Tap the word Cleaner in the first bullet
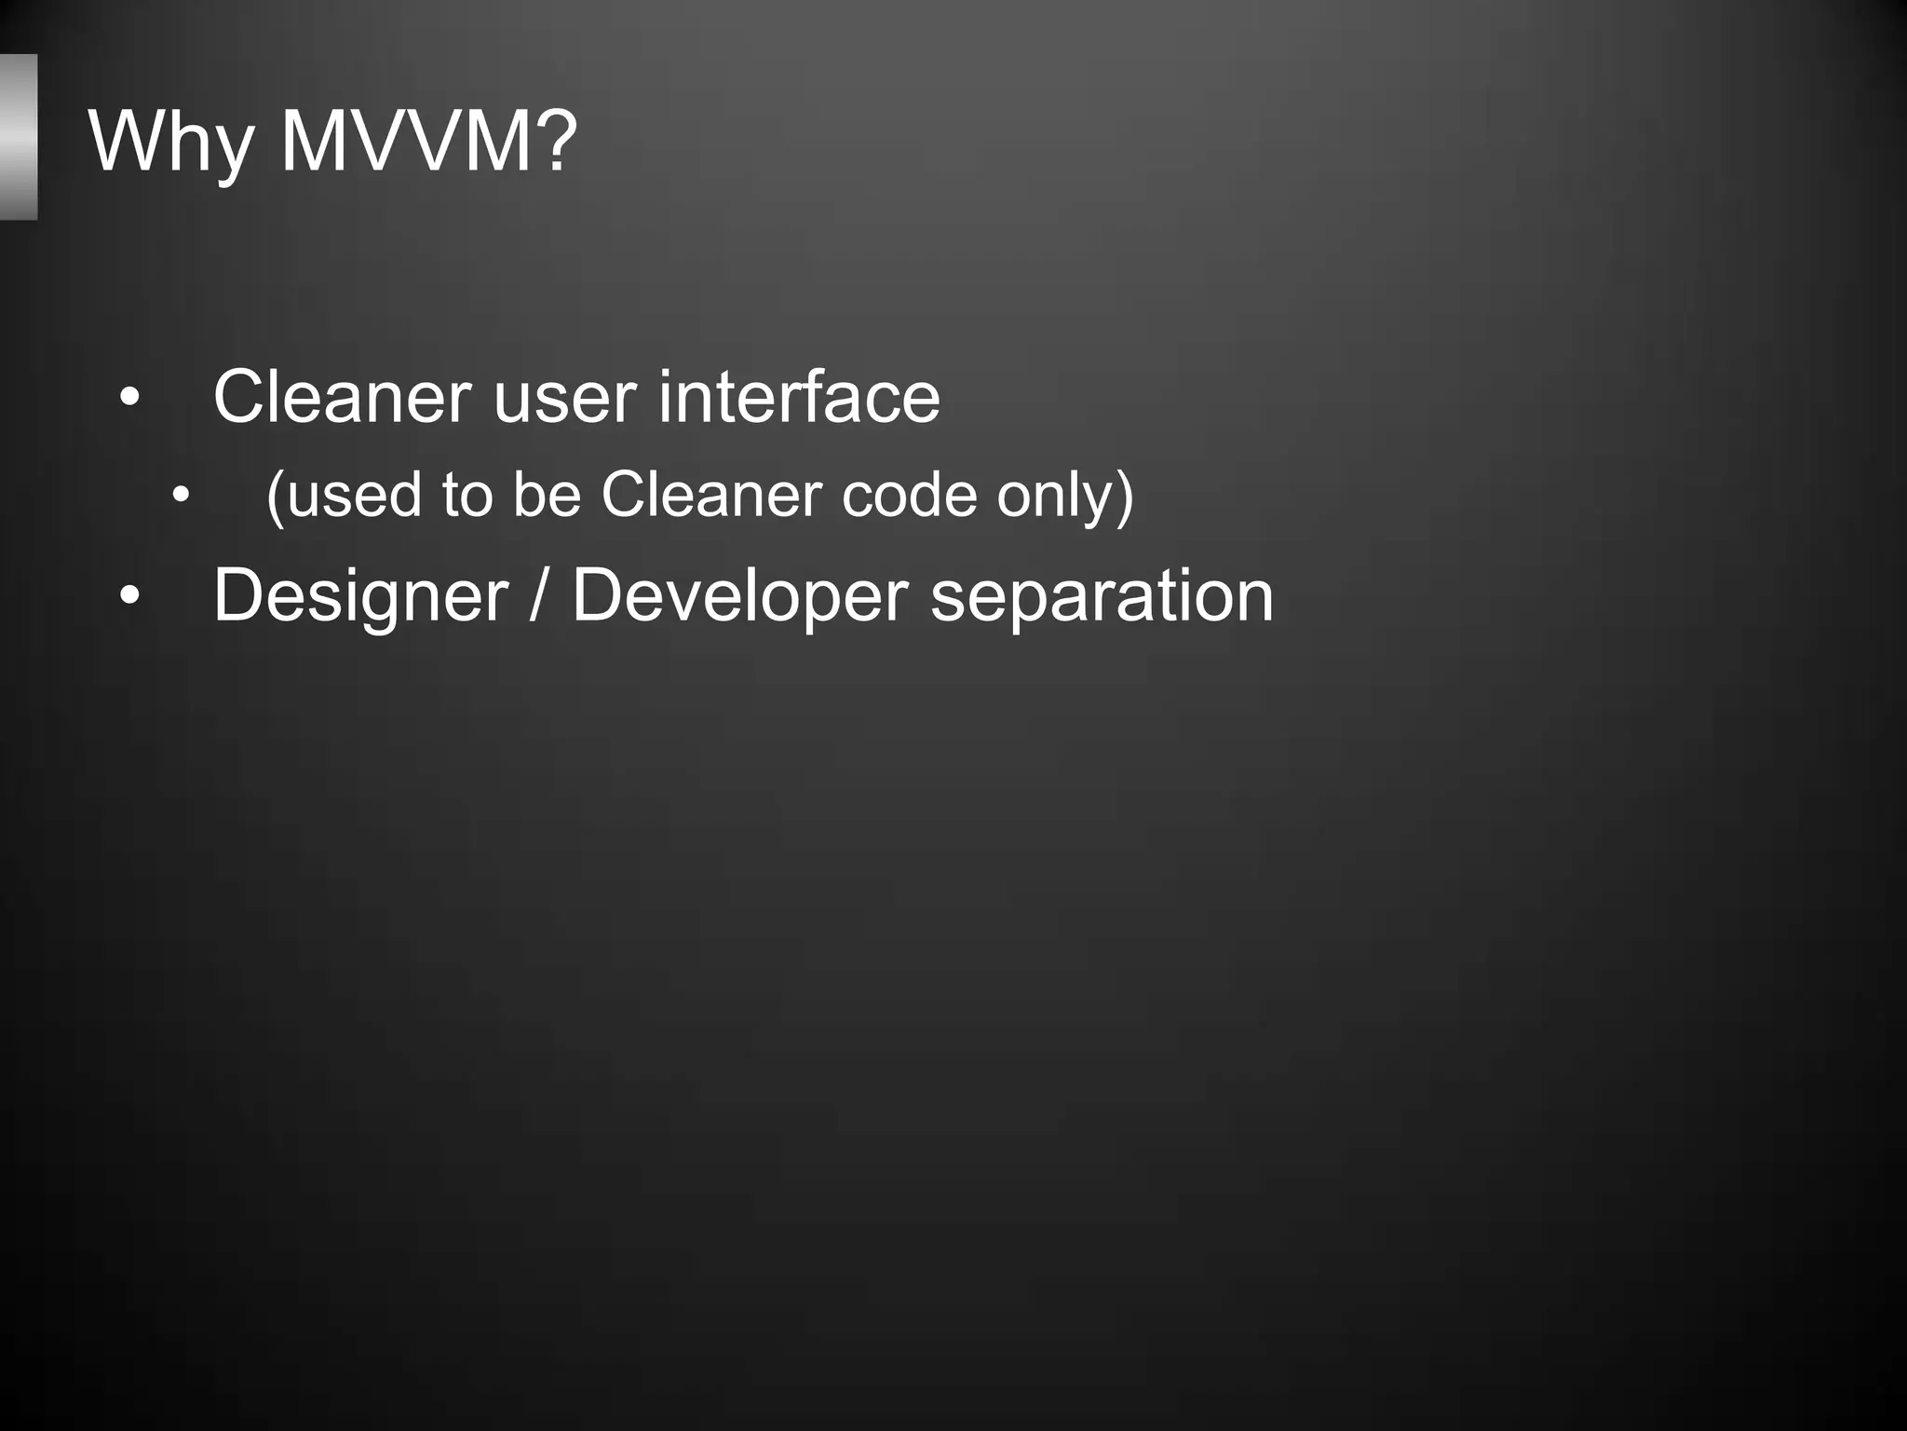pyautogui.click(x=342, y=397)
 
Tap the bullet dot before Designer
pyautogui.click(x=129, y=595)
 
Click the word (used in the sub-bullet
pyautogui.click(x=343, y=495)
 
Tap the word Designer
pyautogui.click(x=360, y=596)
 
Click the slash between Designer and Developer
pyautogui.click(x=538, y=596)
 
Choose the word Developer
pyautogui.click(x=739, y=596)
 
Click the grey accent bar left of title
pyautogui.click(x=18, y=137)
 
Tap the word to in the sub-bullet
pyautogui.click(x=467, y=495)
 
